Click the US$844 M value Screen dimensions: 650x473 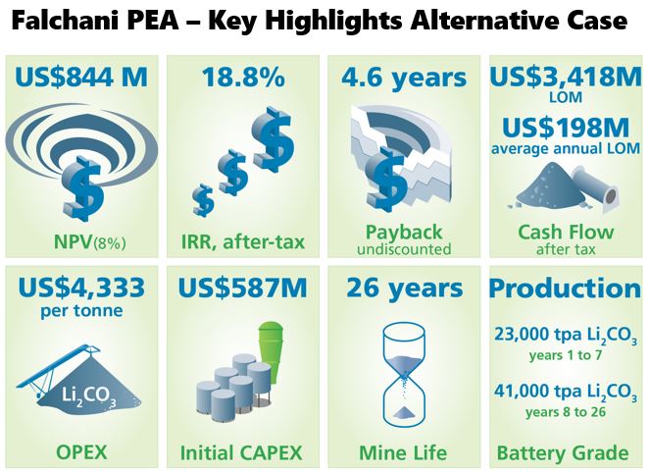pos(81,77)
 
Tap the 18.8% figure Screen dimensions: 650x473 pos(243,77)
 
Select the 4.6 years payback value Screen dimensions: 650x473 pos(404,78)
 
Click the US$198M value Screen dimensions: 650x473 pos(566,128)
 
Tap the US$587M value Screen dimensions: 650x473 pos(242,288)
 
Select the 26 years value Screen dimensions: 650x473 pos(404,288)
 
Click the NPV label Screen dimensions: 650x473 pos(89,241)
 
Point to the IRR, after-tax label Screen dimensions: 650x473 pos(243,241)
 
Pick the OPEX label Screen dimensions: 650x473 pos(81,451)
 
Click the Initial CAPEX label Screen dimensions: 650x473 pos(241,452)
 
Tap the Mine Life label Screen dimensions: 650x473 pos(403,452)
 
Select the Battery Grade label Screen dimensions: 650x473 pos(563,452)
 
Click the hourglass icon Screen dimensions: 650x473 pos(404,375)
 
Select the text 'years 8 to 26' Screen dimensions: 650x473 pos(566,412)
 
